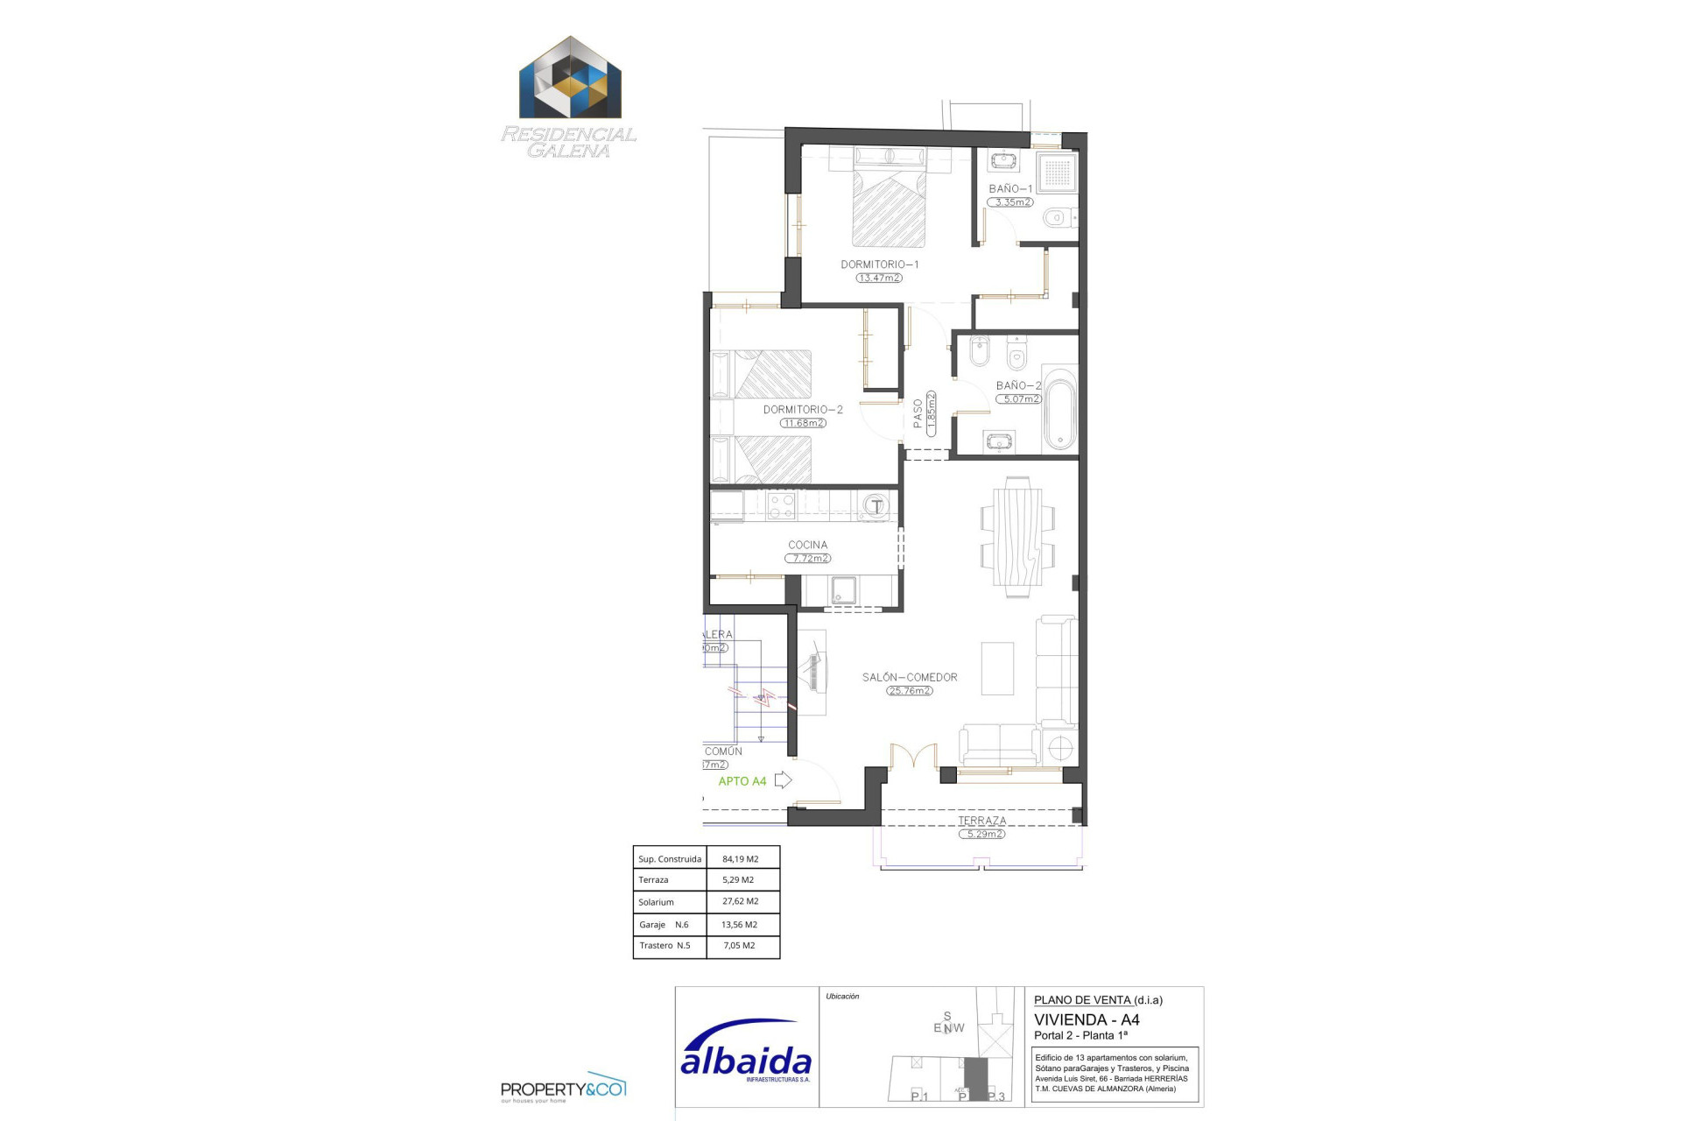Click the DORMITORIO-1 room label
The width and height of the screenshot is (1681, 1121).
879,264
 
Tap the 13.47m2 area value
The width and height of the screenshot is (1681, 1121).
879,278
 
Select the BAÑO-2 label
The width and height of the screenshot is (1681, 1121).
1018,385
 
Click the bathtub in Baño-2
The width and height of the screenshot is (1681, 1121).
1060,410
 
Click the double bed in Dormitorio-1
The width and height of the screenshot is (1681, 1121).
889,207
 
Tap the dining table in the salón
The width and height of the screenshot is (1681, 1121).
1017,536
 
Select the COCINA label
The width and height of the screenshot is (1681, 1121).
807,545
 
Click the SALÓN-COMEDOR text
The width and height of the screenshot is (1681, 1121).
910,677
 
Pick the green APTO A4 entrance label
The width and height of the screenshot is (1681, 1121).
742,781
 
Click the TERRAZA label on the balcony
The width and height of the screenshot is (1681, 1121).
981,821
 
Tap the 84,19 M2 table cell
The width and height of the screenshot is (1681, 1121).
741,859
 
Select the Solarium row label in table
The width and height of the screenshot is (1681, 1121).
657,902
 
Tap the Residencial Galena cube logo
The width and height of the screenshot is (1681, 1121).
570,78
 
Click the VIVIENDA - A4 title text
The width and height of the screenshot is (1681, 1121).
1087,1019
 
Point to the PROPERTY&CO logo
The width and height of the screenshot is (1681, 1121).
563,1089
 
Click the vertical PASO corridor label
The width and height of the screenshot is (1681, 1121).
918,413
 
